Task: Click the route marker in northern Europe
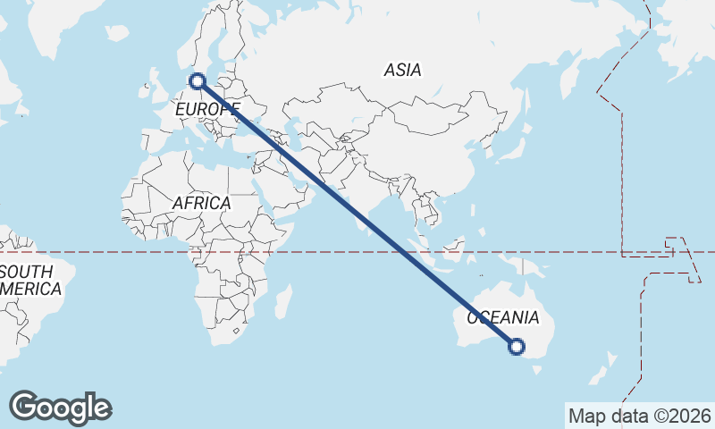pyautogui.click(x=198, y=81)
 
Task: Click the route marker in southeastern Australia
pyautogui.click(x=517, y=347)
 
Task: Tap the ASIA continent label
pyautogui.click(x=402, y=69)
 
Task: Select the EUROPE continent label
pyautogui.click(x=206, y=109)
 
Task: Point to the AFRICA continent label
pyautogui.click(x=201, y=203)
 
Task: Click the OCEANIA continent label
pyautogui.click(x=503, y=317)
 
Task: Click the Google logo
pyautogui.click(x=60, y=408)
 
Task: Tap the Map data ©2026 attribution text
pyautogui.click(x=640, y=416)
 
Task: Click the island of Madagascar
pyautogui.click(x=282, y=302)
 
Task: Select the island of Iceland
pyautogui.click(x=116, y=33)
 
